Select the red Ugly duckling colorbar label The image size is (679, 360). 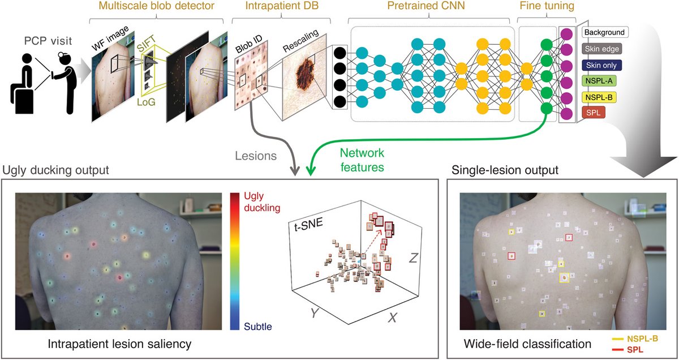[261, 202]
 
